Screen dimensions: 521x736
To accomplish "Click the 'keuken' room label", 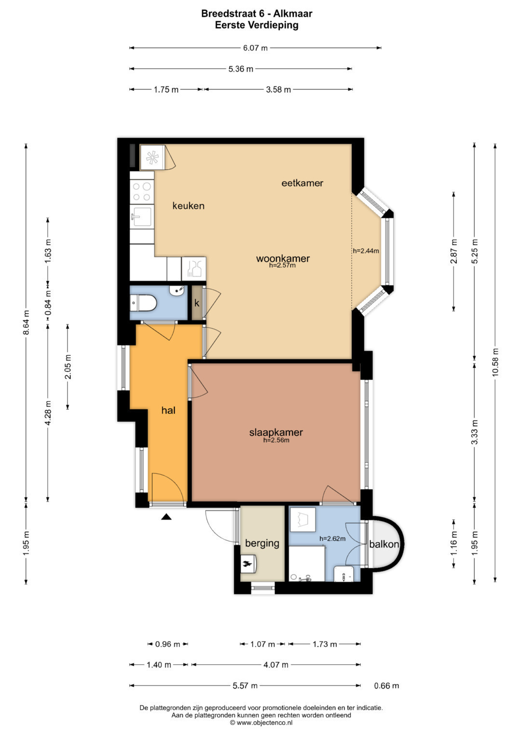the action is (x=189, y=206).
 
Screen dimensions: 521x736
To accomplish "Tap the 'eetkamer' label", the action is (x=302, y=183).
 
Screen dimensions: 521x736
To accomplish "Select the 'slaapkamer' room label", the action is (x=276, y=432).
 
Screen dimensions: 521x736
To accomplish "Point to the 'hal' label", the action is (x=168, y=410).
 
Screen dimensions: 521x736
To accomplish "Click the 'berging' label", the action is (x=262, y=544).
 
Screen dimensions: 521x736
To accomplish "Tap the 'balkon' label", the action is (x=384, y=544).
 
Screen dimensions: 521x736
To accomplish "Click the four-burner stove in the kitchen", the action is (x=142, y=192).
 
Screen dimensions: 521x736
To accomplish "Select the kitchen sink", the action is (x=142, y=216).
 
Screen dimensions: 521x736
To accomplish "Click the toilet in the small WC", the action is (x=143, y=303).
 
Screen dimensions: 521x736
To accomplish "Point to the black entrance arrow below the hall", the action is (x=166, y=517).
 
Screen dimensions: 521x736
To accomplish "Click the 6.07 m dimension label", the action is (x=255, y=48).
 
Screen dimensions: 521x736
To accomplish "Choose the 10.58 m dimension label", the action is (x=495, y=362).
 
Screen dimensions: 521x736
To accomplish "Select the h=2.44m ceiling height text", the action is (x=366, y=251).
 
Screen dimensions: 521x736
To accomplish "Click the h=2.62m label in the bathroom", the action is (x=332, y=538).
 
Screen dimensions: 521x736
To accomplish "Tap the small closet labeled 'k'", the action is (x=197, y=303).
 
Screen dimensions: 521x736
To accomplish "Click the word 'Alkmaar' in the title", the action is (x=293, y=13).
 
